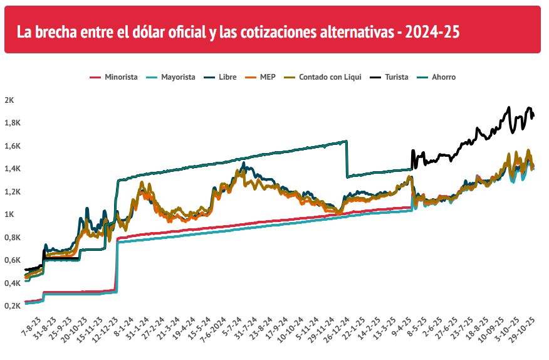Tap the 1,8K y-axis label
[13, 123]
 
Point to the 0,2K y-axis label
[13, 305]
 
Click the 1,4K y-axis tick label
[13, 169]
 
